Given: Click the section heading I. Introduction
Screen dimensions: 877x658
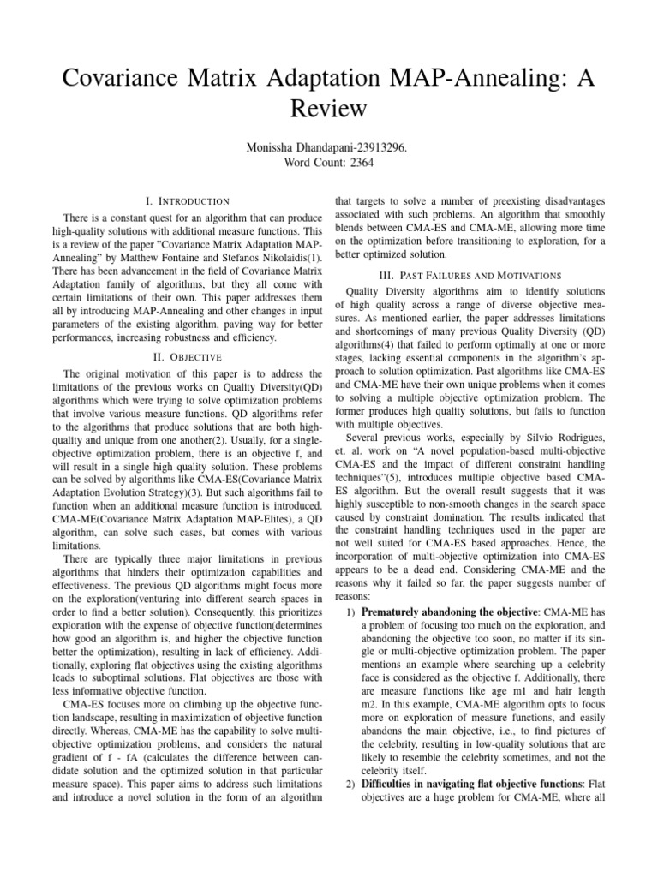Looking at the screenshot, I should point(188,200).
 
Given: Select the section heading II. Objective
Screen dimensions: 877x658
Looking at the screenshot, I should point(188,355).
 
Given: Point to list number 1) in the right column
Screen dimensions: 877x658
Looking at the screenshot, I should point(349,613).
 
